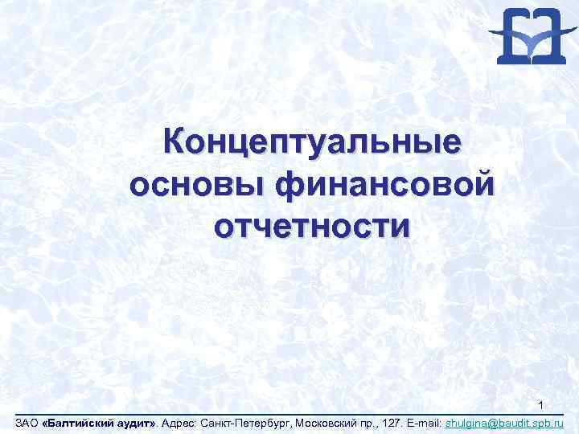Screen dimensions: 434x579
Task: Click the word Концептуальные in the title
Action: coord(313,143)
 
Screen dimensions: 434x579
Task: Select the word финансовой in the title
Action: coord(384,184)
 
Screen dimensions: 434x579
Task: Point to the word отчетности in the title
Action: coord(312,224)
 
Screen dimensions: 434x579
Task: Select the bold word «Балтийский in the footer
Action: coord(74,422)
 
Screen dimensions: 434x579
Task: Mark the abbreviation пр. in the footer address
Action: coord(370,422)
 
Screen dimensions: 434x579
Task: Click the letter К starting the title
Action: coord(174,143)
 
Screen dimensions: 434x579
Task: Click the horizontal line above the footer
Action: coord(289,415)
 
